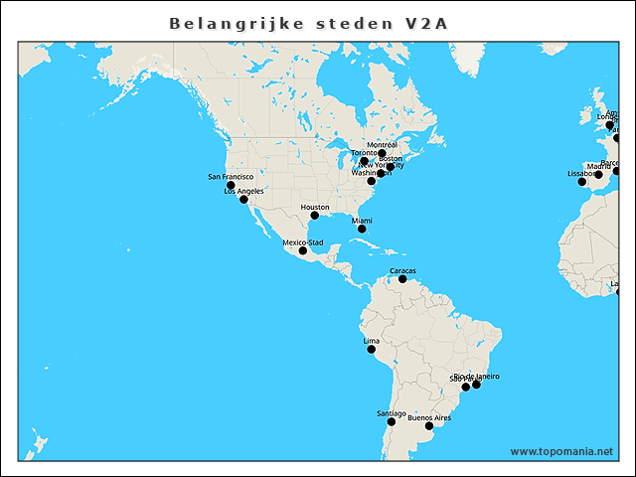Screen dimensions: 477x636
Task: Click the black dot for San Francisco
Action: [x=231, y=186]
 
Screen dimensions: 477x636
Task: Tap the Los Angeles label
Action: [x=243, y=191]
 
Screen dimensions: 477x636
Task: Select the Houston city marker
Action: [x=314, y=216]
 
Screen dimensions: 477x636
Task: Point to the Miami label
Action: [x=362, y=221]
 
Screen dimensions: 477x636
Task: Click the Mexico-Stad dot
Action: [x=303, y=250]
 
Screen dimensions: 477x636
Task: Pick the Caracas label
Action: [x=402, y=270]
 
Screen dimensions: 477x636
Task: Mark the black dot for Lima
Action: [x=372, y=350]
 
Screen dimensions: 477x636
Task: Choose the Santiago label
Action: [x=392, y=413]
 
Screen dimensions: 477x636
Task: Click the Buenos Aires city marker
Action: [x=429, y=426]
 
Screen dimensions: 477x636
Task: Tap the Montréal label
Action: [x=382, y=145]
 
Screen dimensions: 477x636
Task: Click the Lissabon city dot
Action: [x=582, y=182]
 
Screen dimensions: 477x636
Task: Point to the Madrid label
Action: [x=598, y=166]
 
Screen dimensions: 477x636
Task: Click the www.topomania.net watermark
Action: [x=561, y=451]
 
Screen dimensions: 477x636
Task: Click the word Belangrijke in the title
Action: [x=217, y=22]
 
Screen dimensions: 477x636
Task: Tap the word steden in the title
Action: [x=346, y=22]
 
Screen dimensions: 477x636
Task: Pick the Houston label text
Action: [x=314, y=208]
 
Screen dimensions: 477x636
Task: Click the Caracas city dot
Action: [x=402, y=279]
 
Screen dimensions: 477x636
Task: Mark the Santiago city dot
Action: [x=392, y=422]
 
